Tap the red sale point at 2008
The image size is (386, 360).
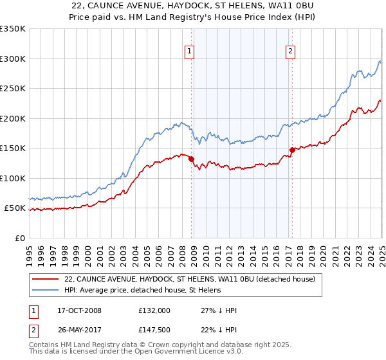pos(191,159)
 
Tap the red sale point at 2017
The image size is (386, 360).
pos(292,150)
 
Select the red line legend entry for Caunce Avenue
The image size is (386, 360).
pos(189,279)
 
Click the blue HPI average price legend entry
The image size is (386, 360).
pos(142,290)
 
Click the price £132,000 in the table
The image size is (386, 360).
pos(154,310)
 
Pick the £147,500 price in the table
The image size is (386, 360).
pos(154,332)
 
